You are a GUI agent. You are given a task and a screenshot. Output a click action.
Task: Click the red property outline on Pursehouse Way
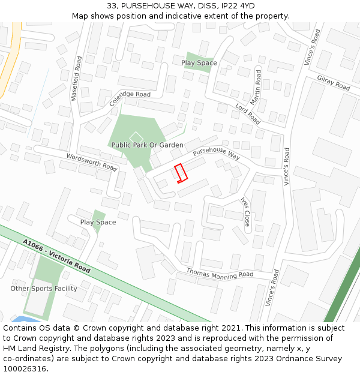click(181, 172)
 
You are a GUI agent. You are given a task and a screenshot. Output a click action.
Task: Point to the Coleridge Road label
click(130, 98)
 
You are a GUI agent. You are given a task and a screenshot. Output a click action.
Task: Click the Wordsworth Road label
click(91, 161)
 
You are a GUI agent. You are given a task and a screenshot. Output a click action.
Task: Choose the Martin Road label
click(256, 88)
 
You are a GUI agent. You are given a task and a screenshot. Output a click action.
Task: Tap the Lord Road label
click(247, 113)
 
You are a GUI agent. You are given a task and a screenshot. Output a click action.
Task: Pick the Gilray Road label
click(334, 83)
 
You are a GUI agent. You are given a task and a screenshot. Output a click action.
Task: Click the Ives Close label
click(245, 211)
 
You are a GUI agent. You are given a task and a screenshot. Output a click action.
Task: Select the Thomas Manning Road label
click(220, 274)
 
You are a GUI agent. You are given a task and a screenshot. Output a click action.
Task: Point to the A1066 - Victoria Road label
click(56, 256)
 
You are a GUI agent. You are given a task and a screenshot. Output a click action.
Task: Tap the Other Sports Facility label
click(44, 289)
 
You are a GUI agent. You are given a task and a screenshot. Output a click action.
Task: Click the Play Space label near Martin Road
click(199, 63)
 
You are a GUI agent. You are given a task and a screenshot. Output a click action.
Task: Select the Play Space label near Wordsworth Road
click(98, 223)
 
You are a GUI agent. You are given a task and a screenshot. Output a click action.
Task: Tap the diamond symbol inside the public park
click(136, 137)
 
